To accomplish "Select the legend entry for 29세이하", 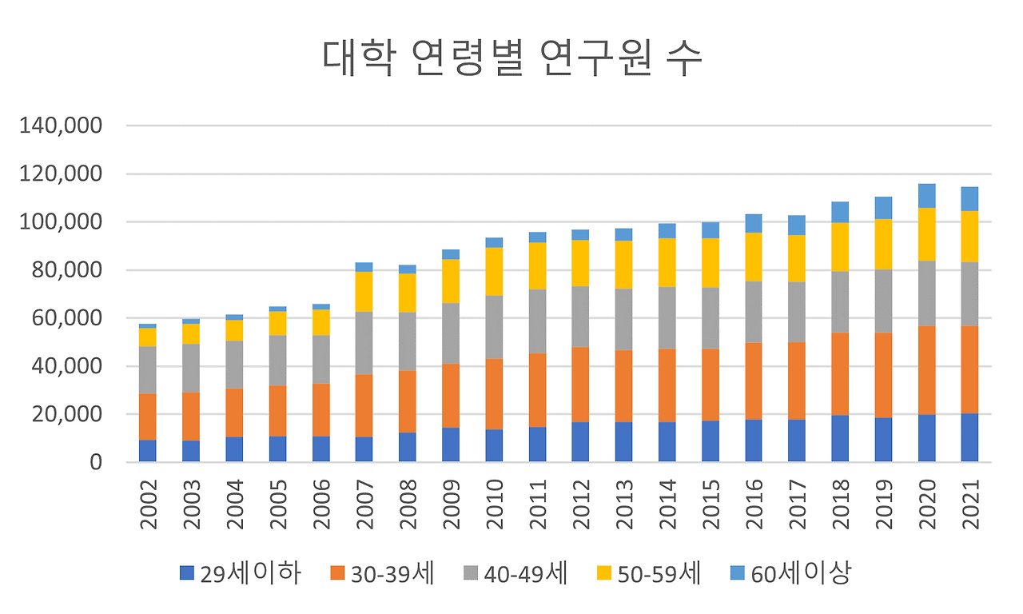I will (x=241, y=572).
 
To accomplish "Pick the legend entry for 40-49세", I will (x=515, y=572).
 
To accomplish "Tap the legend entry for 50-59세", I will (x=648, y=572).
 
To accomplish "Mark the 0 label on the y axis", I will (x=97, y=462).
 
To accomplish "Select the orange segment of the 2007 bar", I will (x=364, y=405).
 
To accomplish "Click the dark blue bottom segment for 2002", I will (x=148, y=451).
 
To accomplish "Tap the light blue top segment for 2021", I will (x=970, y=198).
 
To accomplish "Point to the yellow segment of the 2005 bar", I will (x=277, y=323).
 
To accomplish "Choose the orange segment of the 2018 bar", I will (x=840, y=374).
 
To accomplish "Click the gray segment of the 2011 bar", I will (x=537, y=321).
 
